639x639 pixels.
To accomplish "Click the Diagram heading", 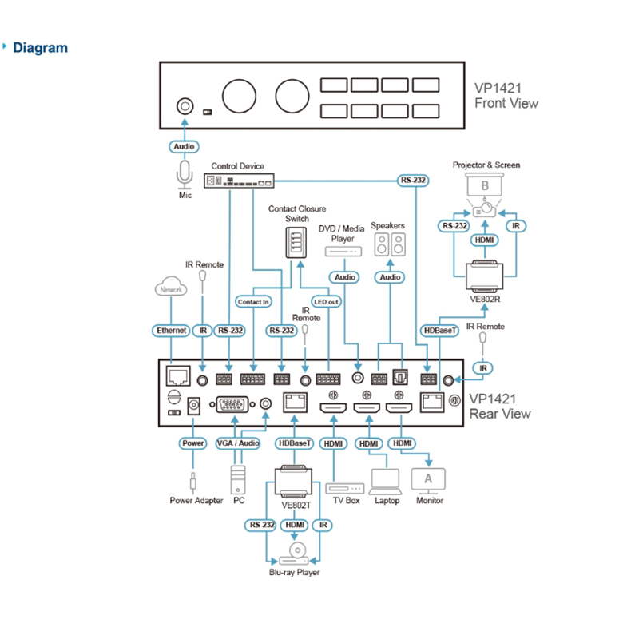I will (41, 48).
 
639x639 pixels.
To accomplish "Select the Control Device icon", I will (240, 181).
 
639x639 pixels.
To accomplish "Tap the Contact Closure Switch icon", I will (296, 242).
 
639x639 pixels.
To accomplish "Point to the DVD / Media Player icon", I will (343, 251).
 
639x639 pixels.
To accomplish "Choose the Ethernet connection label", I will (171, 330).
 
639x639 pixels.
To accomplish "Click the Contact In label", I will (254, 302).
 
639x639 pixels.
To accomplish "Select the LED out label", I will (327, 302).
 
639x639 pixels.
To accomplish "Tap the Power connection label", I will (193, 443).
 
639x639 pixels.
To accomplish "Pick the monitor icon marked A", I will (428, 478).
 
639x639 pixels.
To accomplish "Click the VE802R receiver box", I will (486, 276).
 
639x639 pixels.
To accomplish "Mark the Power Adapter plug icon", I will (192, 482).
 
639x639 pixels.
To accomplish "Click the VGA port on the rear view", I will (232, 405).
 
